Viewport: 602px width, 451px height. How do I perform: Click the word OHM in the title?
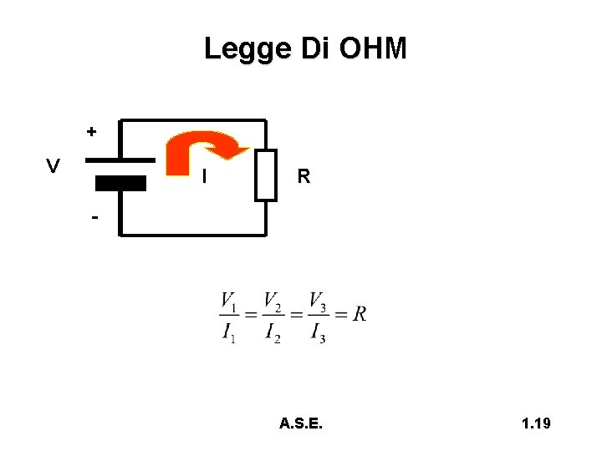tap(374, 48)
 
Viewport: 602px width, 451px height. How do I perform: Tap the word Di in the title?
tap(312, 48)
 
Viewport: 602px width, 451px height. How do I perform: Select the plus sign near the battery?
tap(91, 131)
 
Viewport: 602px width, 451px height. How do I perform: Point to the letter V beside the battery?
tap(53, 166)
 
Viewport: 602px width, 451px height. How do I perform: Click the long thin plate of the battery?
tap(120, 160)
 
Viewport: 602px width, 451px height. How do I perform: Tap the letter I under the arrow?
tap(205, 176)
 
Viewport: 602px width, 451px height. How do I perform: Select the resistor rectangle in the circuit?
tap(266, 175)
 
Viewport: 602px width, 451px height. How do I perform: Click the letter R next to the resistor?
tap(304, 176)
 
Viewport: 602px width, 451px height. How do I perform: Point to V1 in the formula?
tap(229, 301)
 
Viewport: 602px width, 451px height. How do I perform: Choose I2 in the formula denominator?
tap(273, 332)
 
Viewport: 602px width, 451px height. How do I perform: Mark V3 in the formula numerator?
tap(318, 301)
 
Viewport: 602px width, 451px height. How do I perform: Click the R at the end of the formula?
tap(360, 315)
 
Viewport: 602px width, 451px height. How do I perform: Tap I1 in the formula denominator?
tap(229, 332)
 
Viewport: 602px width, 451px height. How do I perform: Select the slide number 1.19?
tap(535, 424)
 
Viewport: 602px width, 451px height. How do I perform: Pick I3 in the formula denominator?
tap(318, 332)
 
